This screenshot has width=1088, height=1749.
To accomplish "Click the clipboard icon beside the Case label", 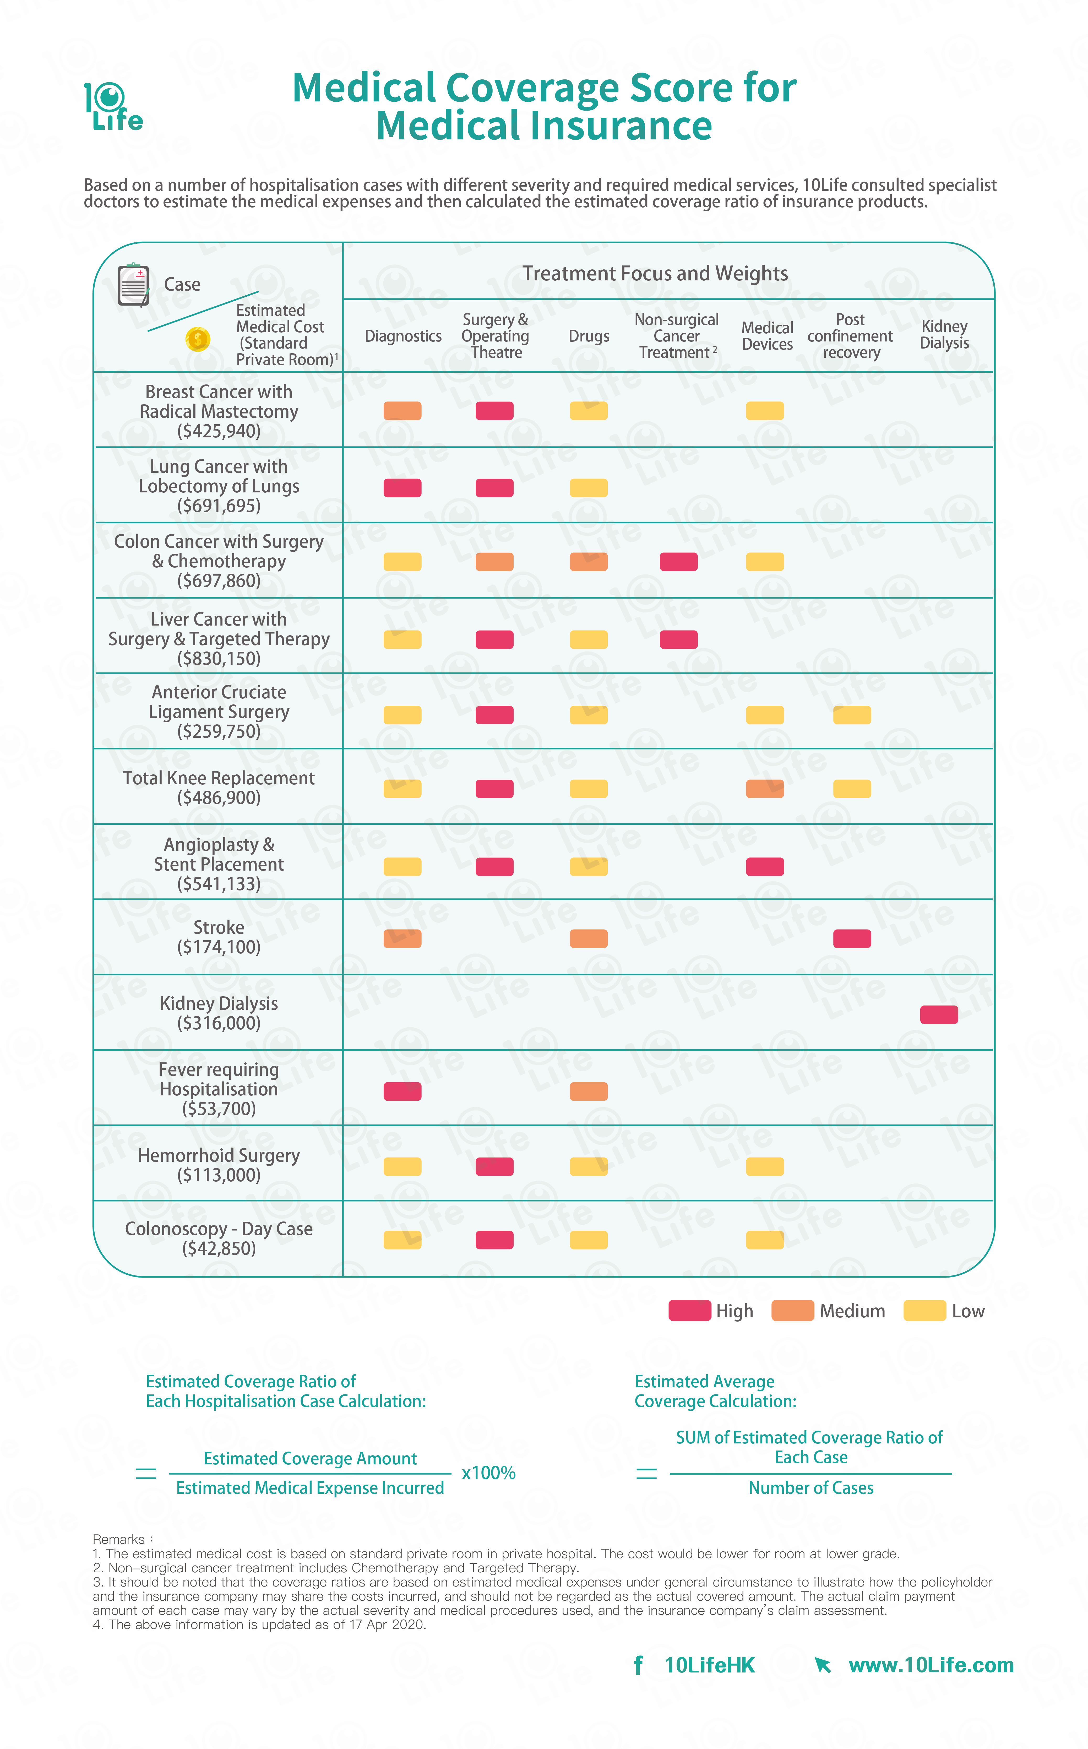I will tap(133, 285).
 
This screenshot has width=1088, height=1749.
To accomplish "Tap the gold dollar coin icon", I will tap(197, 339).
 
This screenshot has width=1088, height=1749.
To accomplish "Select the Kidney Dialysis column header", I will tap(944, 335).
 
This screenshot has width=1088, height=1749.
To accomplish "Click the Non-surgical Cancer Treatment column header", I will tap(676, 336).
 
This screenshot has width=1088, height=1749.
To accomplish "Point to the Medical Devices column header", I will tap(767, 336).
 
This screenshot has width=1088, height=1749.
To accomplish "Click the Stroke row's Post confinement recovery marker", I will tap(852, 939).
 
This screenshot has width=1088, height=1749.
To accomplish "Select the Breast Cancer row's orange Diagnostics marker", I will tap(402, 411).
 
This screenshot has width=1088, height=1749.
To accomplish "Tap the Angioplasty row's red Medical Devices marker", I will tap(765, 867).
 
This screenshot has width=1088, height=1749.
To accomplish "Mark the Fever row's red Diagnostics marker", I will tap(402, 1091).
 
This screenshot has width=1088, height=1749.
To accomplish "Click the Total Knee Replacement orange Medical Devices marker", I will tap(765, 789).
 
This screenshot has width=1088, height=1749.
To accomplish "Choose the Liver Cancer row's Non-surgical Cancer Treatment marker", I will tap(679, 640).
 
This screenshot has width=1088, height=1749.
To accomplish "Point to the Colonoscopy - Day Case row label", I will tap(219, 1238).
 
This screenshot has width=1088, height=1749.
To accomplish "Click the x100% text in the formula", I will tap(489, 1473).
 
